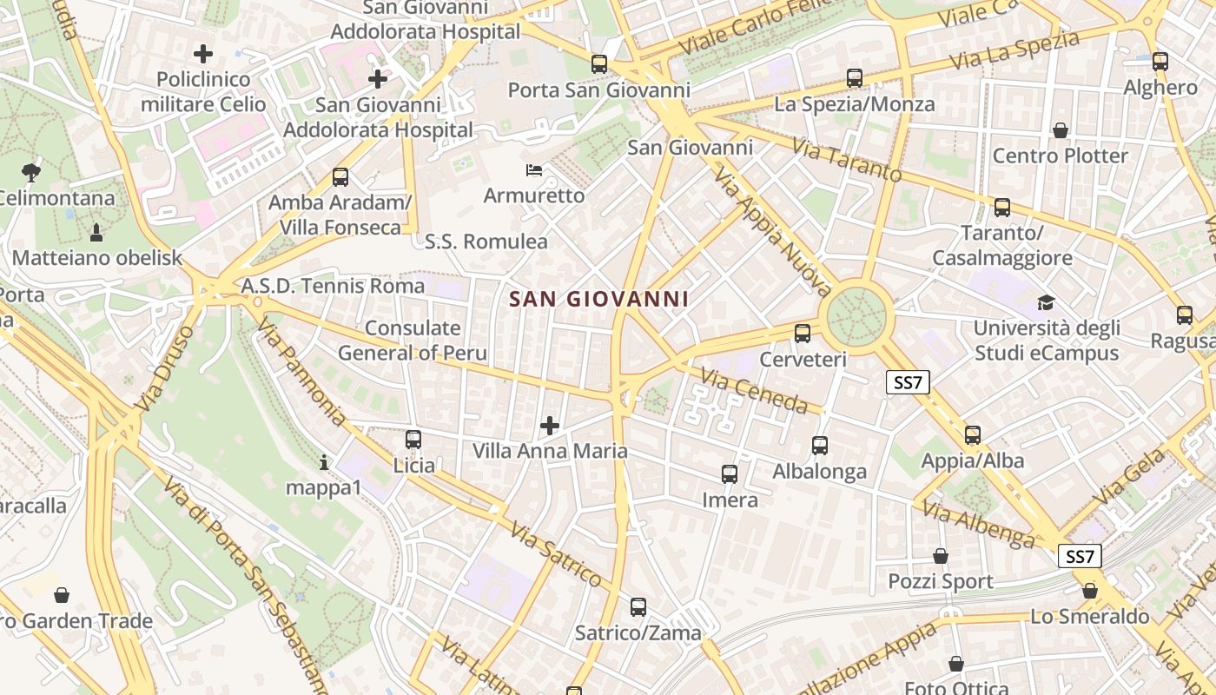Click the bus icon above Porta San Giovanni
point(598,63)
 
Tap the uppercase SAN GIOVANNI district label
point(598,300)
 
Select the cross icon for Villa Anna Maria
point(550,425)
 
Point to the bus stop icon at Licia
point(413,440)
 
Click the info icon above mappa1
point(324,462)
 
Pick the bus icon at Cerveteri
point(803,333)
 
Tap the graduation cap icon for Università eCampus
point(1046,302)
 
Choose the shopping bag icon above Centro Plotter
point(1060,130)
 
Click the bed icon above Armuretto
point(534,169)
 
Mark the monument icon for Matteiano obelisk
point(96,232)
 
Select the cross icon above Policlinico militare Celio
point(203,54)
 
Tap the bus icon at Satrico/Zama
point(638,607)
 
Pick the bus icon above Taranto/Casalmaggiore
point(1002,208)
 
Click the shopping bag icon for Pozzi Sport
point(941,556)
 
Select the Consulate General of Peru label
point(413,341)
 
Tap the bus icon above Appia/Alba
point(973,435)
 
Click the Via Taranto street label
point(847,162)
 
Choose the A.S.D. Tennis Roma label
point(334,286)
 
